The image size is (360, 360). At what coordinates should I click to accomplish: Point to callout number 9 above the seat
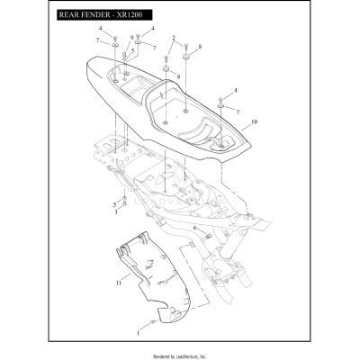click(131, 38)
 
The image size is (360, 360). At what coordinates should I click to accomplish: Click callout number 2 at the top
click(173, 38)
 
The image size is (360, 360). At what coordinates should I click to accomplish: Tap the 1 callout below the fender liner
click(138, 332)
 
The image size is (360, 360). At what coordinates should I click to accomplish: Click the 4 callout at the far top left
click(101, 30)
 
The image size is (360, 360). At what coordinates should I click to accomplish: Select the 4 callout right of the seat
click(236, 91)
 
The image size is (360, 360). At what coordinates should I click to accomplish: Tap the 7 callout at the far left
click(96, 41)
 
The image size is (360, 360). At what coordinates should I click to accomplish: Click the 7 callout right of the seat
click(238, 112)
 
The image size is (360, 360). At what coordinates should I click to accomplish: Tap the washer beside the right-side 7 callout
click(222, 106)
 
